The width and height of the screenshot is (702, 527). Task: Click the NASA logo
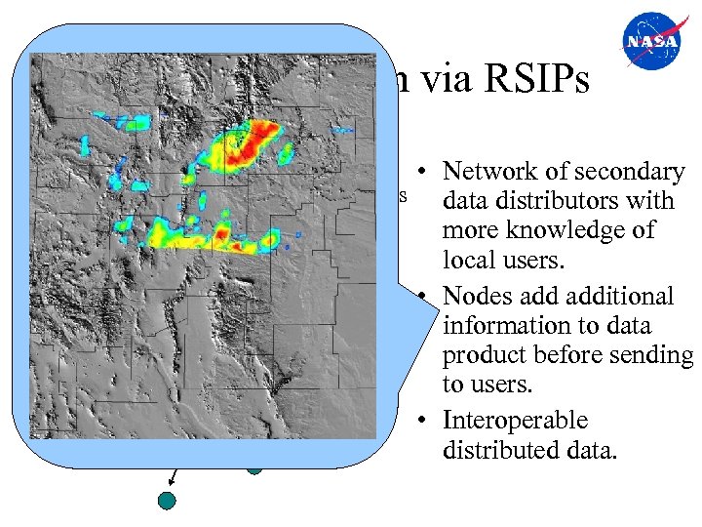coord(655,43)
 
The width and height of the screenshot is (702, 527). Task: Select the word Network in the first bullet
coord(489,172)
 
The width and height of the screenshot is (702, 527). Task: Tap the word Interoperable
coord(515,421)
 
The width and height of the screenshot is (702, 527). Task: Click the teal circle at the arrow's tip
coord(168,501)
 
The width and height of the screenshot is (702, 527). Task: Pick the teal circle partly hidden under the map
coord(254,466)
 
